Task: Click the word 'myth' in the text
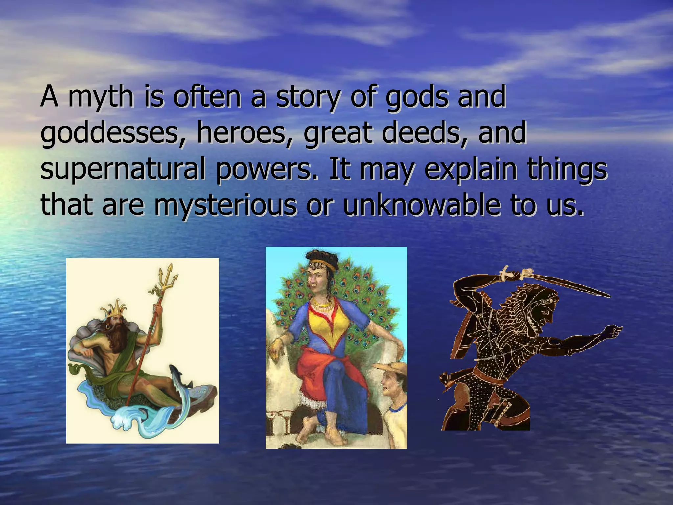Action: click(x=101, y=97)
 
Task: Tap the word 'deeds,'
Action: click(x=424, y=133)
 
